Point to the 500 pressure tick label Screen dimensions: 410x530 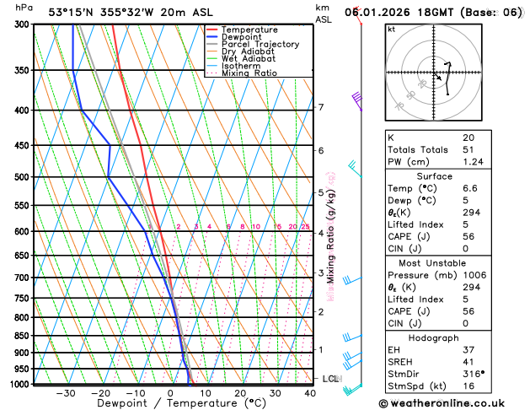click(x=21, y=177)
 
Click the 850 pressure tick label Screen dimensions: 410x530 click(x=21, y=336)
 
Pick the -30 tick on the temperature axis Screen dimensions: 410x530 click(x=66, y=393)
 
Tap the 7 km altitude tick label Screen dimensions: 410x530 click(x=321, y=107)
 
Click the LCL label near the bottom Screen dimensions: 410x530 click(x=330, y=379)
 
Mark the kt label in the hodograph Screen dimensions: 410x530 click(x=391, y=30)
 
